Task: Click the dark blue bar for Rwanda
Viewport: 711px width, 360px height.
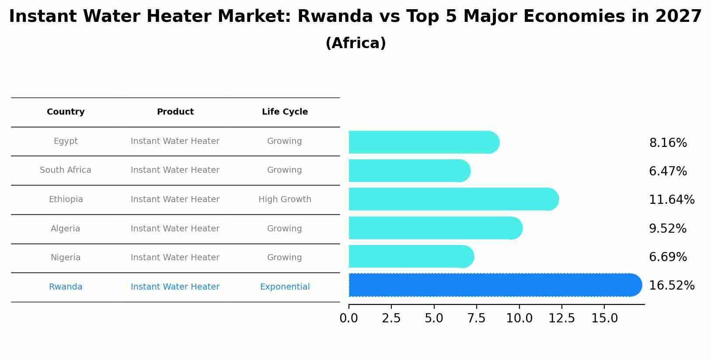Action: tap(494, 285)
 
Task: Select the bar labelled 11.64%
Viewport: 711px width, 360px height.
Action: tap(453, 199)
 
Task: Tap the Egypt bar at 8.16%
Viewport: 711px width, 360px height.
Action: tap(423, 143)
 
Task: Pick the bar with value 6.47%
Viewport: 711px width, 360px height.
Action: tap(409, 171)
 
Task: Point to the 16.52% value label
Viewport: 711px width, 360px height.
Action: tap(672, 286)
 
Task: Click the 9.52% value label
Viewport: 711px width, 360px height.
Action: tap(668, 229)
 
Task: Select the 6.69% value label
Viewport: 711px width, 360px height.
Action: tap(668, 257)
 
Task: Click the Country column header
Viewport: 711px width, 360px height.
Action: tap(66, 112)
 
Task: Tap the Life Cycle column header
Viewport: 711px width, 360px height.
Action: tap(285, 112)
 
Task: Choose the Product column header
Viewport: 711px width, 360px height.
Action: tap(175, 112)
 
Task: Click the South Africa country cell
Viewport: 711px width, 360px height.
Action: tap(66, 170)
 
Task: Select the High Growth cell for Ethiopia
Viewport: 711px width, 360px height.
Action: tap(285, 199)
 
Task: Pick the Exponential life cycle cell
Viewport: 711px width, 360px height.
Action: tap(285, 287)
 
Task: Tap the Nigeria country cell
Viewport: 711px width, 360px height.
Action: tap(66, 258)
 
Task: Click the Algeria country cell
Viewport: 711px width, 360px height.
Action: tap(66, 229)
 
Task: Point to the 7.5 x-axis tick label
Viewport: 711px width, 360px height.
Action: tap(476, 318)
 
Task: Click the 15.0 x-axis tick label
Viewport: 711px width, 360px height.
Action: tap(604, 318)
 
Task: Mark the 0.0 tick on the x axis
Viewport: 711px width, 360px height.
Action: tap(349, 318)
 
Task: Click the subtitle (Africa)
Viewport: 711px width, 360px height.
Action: tap(355, 43)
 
